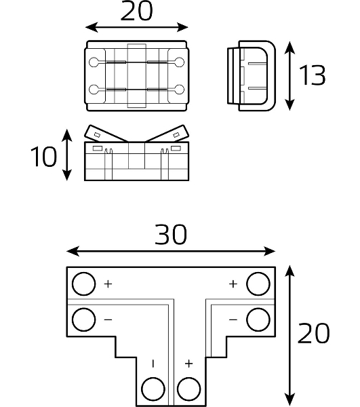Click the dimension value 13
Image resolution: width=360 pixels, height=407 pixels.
312,75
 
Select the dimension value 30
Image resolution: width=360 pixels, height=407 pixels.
171,235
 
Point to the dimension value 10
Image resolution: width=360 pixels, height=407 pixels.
43,157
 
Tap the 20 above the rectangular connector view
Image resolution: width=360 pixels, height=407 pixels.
136,11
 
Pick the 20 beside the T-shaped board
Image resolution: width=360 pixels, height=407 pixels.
314,333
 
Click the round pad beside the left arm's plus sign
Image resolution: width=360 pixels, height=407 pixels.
83,284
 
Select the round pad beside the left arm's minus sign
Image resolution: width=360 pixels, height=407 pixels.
83,319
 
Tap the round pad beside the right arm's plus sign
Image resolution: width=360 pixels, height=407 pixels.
258,284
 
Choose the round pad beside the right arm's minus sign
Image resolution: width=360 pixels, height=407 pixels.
258,319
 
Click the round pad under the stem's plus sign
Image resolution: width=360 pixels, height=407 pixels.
189,389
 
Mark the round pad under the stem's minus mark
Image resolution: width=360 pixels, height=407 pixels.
153,389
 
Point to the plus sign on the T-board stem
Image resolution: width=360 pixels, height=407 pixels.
189,364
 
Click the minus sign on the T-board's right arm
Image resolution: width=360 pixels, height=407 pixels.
233,319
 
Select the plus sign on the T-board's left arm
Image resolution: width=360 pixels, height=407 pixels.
108,284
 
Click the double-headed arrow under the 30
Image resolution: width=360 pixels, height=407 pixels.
171,251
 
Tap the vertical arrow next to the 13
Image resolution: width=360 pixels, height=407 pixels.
289,75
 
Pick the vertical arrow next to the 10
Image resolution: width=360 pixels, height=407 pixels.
67,155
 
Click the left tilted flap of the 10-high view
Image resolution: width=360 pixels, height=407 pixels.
106,134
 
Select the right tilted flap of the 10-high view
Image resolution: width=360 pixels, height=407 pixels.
167,134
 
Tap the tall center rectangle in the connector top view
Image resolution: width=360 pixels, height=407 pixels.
137,75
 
